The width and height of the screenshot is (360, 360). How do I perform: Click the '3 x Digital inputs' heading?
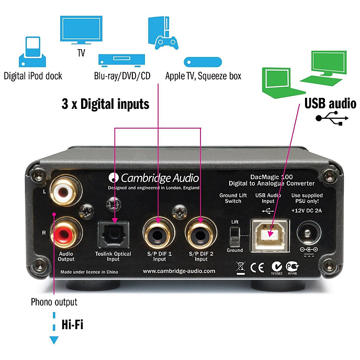105,104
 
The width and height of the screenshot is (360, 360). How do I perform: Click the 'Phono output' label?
53,302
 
